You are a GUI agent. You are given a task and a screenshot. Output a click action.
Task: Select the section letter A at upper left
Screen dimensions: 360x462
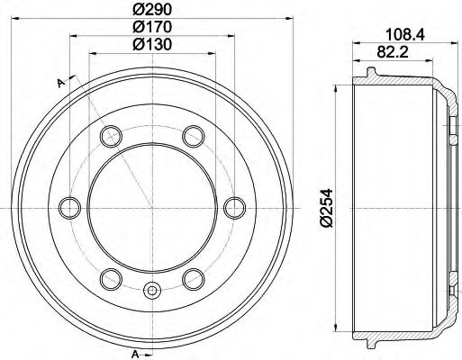click(60, 84)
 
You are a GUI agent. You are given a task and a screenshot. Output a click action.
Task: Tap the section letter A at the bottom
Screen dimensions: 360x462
click(134, 351)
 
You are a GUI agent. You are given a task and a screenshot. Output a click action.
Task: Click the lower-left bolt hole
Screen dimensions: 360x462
click(111, 276)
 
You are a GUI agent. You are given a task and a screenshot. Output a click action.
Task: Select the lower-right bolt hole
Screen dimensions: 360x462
click(191, 276)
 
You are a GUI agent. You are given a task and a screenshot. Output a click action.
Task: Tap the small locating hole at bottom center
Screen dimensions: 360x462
click(151, 290)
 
